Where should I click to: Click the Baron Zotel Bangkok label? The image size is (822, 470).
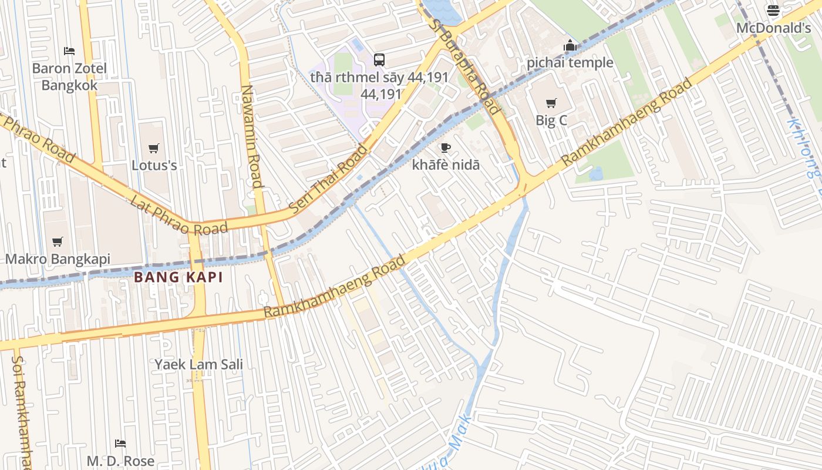pos(69,77)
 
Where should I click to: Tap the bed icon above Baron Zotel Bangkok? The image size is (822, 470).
pos(69,51)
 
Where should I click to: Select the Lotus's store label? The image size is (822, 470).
pos(154,165)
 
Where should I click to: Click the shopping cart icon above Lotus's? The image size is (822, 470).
pos(154,148)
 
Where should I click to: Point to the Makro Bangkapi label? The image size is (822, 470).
pos(58,258)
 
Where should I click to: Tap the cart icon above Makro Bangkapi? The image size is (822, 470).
pos(58,241)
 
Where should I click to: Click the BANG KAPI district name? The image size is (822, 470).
pos(178,277)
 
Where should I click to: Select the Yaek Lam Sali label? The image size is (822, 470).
pos(198,364)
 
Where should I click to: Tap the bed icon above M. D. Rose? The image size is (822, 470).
pos(120,444)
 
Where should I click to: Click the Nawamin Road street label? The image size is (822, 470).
pos(251,136)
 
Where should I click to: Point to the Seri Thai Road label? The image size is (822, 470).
pos(328,179)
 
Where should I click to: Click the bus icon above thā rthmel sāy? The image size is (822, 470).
pos(379,59)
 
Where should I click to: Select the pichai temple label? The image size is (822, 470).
pos(570,63)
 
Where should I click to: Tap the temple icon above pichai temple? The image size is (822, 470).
pos(570,45)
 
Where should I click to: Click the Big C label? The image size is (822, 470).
pos(551,120)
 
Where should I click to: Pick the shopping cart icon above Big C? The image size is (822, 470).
pos(551,103)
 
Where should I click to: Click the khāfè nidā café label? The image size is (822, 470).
pos(446,165)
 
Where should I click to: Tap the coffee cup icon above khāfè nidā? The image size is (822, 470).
pos(446,147)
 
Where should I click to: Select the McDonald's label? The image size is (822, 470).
pos(773,28)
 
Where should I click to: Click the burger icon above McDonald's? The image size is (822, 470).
pos(773,11)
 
